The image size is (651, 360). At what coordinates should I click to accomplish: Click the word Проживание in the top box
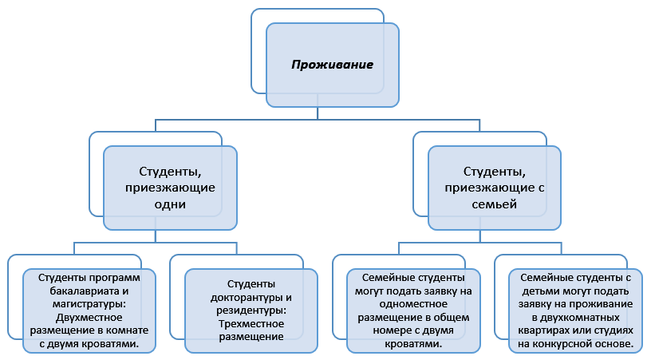(x=333, y=65)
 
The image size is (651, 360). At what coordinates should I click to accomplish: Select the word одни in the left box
(x=171, y=204)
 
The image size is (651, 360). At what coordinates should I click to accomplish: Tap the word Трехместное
(x=251, y=323)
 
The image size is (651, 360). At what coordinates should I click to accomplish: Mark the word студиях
(x=614, y=330)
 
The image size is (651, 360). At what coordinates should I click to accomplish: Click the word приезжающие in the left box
(x=171, y=188)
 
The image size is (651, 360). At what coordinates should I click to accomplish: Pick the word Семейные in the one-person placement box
(x=387, y=278)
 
